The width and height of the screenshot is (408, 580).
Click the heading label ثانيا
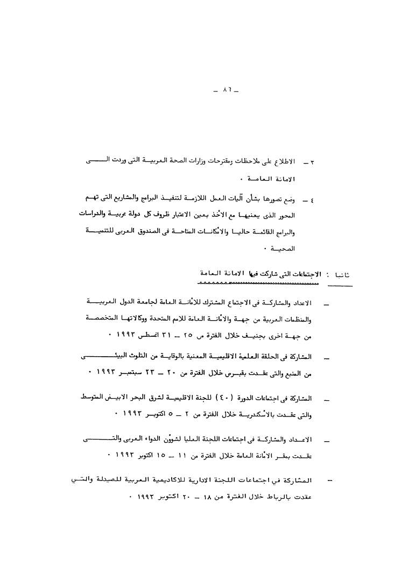click(341, 274)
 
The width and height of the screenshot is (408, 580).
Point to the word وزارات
click(205, 160)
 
